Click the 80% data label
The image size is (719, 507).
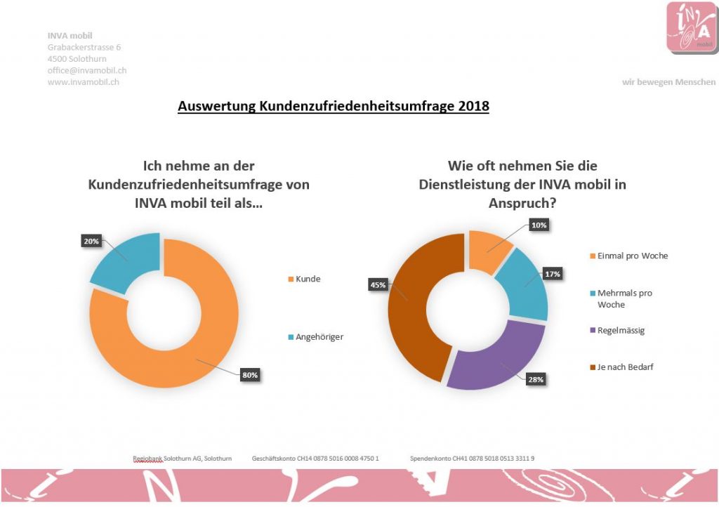point(250,375)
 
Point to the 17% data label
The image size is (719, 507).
point(553,274)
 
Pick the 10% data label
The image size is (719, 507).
point(539,225)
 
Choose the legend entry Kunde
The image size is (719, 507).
point(308,279)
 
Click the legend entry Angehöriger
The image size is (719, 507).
point(320,336)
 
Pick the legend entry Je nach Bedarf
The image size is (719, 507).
point(625,367)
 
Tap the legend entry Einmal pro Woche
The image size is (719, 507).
point(632,256)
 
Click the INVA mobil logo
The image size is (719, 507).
point(691,27)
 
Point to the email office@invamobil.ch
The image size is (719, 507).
point(87,70)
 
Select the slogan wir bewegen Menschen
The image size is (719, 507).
point(668,82)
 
